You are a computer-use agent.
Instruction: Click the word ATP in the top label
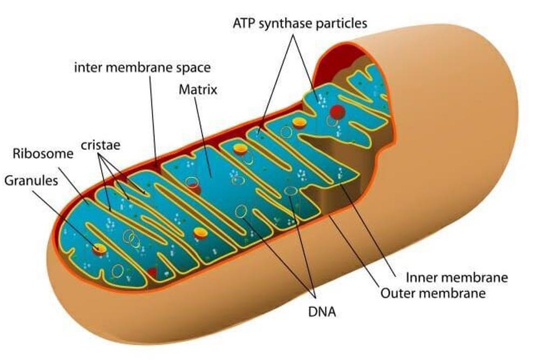(244, 23)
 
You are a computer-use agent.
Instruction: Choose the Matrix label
(198, 89)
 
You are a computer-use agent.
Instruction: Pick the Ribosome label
(43, 153)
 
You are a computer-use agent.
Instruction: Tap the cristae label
(101, 145)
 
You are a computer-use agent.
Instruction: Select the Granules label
(31, 181)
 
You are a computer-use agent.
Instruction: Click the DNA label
(322, 312)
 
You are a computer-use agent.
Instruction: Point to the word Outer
(396, 294)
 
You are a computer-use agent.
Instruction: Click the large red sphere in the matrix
(337, 112)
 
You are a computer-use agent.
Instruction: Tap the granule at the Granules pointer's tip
(100, 248)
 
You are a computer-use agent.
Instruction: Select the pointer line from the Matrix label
(203, 137)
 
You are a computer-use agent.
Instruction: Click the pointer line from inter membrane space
(153, 120)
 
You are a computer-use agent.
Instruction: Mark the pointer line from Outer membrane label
(354, 251)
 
